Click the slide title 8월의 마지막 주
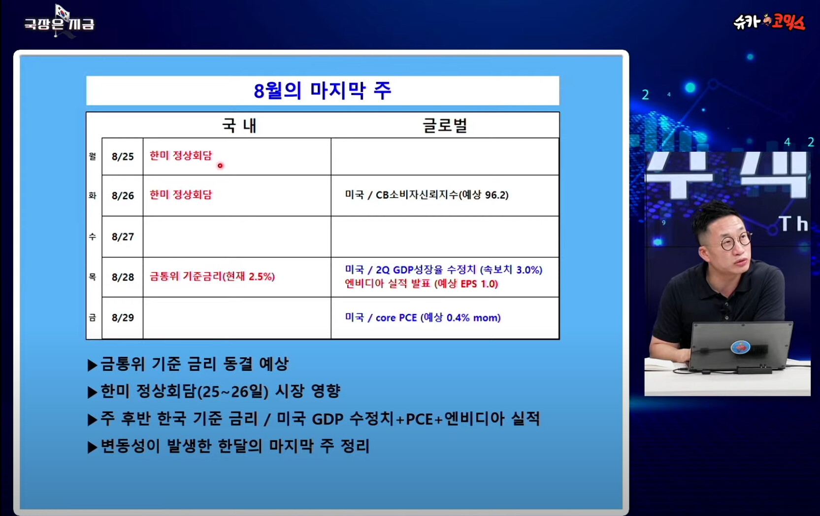(x=323, y=91)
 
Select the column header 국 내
(x=240, y=126)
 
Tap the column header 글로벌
(x=445, y=126)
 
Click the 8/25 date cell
(x=123, y=157)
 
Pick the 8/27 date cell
(x=123, y=237)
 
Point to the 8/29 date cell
(x=123, y=317)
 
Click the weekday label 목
(x=93, y=277)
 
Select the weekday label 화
(x=93, y=196)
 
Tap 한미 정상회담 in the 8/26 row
(x=181, y=195)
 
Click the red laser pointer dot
(x=220, y=166)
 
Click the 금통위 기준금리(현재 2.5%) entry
(x=212, y=276)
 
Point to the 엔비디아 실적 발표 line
(x=422, y=284)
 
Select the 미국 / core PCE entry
(x=423, y=317)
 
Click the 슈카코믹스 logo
(x=769, y=22)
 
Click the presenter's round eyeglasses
(x=736, y=241)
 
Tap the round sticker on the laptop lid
(x=740, y=347)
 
